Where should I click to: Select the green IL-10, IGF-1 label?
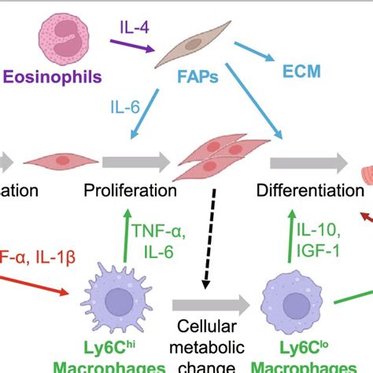pos(319,239)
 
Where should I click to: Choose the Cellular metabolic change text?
pos(207,346)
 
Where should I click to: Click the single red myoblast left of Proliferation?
pos(54,162)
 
